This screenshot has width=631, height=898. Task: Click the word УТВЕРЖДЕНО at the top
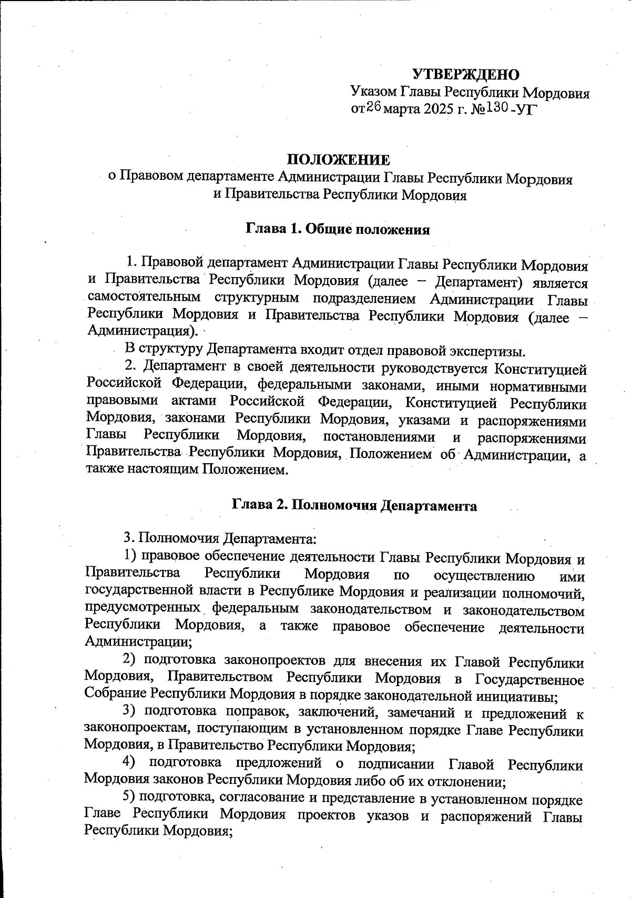point(465,74)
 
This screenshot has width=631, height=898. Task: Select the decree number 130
point(495,108)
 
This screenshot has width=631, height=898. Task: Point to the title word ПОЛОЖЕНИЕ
point(338,160)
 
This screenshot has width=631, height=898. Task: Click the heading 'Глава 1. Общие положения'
point(338,230)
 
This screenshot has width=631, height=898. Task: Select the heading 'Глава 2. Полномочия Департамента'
point(354,506)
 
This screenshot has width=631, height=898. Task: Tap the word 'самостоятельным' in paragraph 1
point(144,298)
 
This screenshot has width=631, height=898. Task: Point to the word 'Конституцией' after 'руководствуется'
point(541,370)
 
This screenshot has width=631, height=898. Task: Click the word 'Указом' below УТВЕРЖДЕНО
point(374,93)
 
